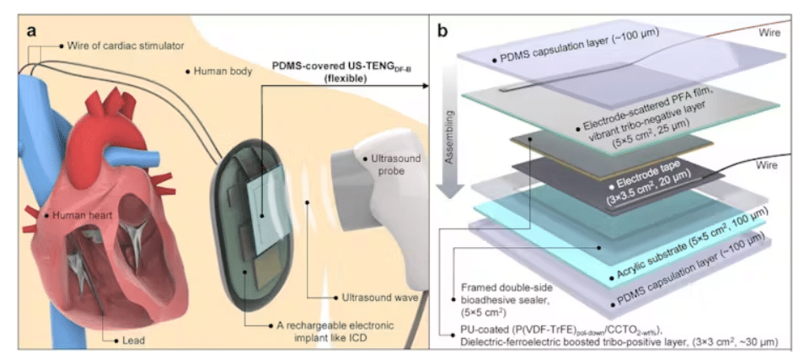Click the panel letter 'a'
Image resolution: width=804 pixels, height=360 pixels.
coord(32,32)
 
